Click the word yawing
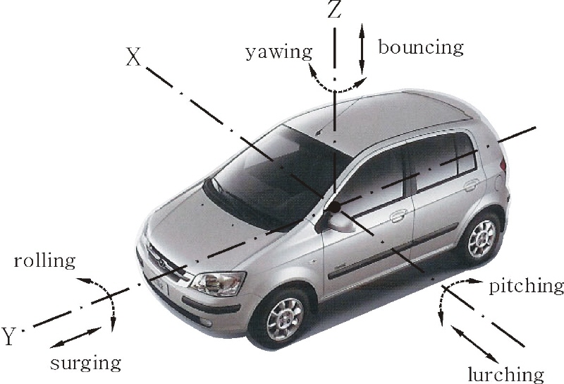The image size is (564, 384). (x=279, y=53)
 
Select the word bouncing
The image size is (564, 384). (x=420, y=47)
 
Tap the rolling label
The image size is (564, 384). (x=44, y=260)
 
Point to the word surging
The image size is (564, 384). (x=85, y=364)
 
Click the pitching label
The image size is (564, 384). (x=526, y=287)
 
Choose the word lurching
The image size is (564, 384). (x=505, y=374)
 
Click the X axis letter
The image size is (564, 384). (x=133, y=57)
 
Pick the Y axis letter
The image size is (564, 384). (x=10, y=336)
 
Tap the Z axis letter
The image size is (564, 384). (x=334, y=10)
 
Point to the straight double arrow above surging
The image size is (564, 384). (x=76, y=337)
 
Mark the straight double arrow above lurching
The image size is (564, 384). (x=474, y=344)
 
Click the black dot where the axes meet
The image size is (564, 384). (x=334, y=207)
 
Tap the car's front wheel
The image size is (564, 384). (x=283, y=319)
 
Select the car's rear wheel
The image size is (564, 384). (x=482, y=234)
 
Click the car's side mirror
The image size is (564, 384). (x=337, y=222)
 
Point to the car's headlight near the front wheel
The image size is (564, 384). (x=217, y=283)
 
